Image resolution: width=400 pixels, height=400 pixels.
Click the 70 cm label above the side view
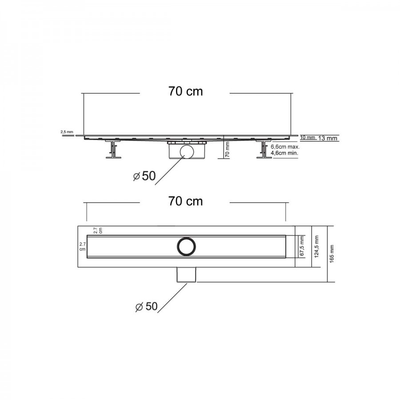185,91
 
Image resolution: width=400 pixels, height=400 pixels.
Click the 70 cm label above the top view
185,201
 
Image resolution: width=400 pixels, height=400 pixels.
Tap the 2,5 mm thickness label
67,132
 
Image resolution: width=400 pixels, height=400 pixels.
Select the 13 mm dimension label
328,138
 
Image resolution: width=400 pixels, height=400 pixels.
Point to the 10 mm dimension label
308,137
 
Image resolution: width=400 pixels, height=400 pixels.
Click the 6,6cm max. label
285,147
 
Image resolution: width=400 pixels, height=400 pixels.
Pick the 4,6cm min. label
284,153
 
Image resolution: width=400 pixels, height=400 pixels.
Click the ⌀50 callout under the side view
144,176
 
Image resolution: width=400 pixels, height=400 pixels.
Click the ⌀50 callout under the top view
146,306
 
